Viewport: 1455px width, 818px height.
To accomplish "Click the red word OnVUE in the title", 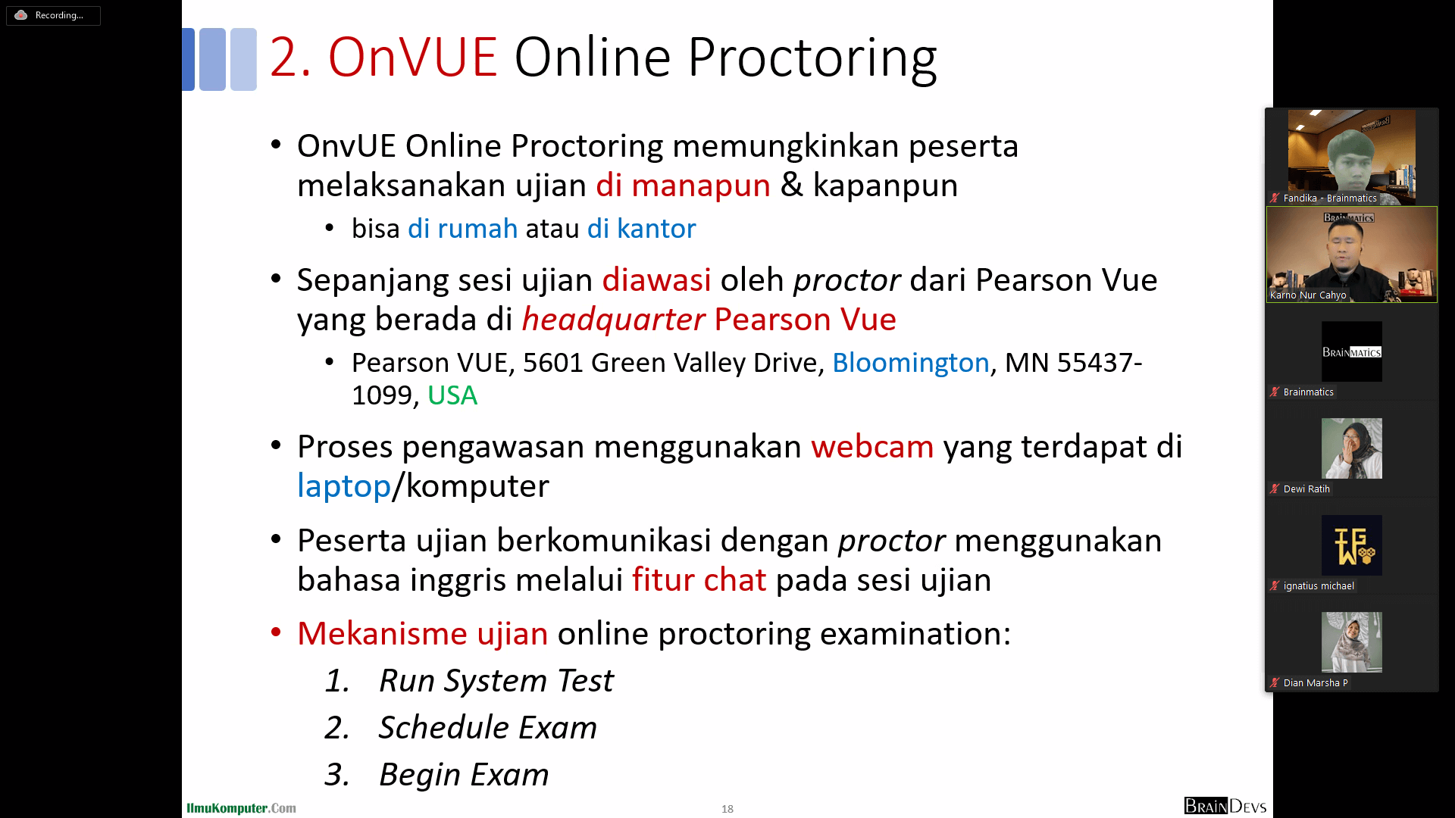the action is pos(412,58).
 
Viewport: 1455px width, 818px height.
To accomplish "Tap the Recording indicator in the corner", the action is pos(53,15).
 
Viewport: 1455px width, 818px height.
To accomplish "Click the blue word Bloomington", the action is pos(911,364).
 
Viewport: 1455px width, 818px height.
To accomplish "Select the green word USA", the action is pos(452,395).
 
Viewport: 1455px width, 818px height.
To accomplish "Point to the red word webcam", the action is pos(872,447).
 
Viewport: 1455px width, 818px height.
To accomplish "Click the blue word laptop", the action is pos(344,486).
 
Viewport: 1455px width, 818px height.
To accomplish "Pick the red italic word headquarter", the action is pos(614,320).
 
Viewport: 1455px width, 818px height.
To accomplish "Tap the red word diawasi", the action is pos(656,280).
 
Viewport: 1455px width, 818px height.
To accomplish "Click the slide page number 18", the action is pos(727,809).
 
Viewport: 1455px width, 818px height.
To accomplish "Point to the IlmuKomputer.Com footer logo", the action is pos(242,808).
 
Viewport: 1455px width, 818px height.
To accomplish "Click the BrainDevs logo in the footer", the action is pos(1225,806).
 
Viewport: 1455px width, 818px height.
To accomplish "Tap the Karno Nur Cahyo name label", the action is pos(1308,295).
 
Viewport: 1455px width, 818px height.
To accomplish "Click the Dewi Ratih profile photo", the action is pos(1352,448).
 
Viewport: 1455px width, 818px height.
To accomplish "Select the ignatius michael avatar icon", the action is pos(1352,545).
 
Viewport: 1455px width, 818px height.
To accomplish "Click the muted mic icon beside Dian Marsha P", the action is pos(1275,682).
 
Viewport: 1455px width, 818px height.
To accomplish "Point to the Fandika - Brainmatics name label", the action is pos(1330,198).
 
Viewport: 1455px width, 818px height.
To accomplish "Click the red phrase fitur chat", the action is pos(699,580).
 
